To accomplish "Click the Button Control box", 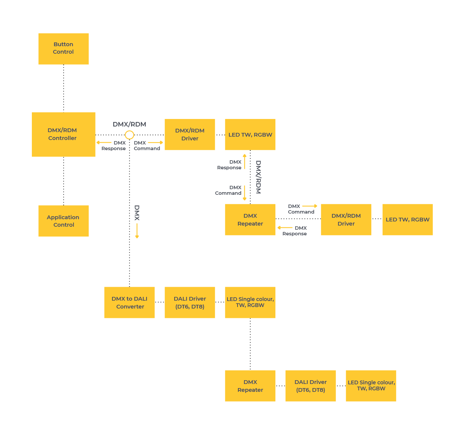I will [63, 48].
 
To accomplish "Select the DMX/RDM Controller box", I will [63, 134].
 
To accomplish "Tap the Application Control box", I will [63, 221].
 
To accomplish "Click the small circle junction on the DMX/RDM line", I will [129, 135].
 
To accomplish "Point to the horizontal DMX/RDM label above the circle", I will [129, 124].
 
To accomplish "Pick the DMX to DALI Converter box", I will [129, 303].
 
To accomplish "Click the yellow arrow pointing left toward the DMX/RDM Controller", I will [104, 143].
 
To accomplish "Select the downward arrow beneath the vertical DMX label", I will [137, 231].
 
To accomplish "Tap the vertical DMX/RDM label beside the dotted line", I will [258, 177].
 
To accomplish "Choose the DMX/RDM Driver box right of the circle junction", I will [190, 134].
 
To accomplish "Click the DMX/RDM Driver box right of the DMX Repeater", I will [346, 220].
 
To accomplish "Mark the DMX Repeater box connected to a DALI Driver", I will [250, 386].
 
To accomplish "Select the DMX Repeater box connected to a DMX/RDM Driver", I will [250, 220].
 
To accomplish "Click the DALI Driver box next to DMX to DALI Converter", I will [190, 303].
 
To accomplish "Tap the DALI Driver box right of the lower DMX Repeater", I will [311, 386].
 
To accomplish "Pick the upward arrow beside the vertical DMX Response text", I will [245, 161].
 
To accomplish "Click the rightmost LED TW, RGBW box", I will [407, 220].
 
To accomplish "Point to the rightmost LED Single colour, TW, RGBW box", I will [371, 386].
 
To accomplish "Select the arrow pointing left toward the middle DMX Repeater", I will [285, 228].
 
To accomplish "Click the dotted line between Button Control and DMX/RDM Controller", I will [63, 88].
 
